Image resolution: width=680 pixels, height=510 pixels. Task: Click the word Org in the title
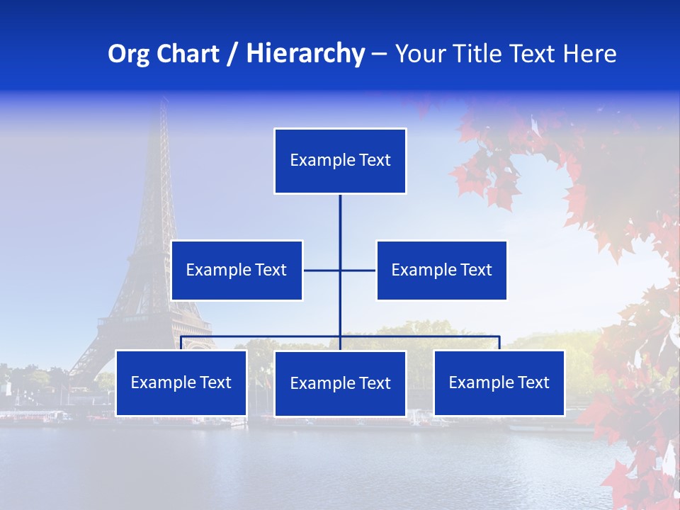click(127, 54)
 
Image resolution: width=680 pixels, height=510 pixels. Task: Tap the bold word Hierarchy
click(305, 54)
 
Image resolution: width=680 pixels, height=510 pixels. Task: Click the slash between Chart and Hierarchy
click(232, 54)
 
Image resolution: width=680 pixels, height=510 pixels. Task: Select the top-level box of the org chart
click(340, 161)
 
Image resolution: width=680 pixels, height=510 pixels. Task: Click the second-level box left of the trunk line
click(237, 270)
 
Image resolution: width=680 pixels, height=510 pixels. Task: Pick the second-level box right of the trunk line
click(441, 270)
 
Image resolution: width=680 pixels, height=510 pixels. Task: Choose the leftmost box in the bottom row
click(181, 382)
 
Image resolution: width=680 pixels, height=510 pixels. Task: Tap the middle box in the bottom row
click(340, 383)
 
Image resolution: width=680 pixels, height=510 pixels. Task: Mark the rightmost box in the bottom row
click(499, 382)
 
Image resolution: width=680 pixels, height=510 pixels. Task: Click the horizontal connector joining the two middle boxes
click(358, 270)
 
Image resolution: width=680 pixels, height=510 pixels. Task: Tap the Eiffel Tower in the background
click(159, 234)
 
